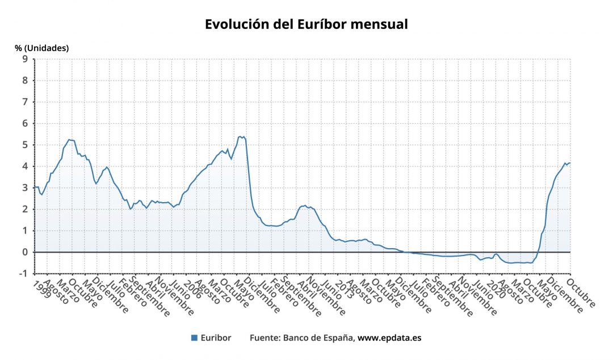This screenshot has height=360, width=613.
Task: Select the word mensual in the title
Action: pos(380,24)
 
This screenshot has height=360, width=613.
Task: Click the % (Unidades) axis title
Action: pos(42,48)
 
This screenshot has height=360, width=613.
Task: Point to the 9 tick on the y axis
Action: pos(26,59)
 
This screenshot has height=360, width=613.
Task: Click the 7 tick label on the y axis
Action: pos(26,102)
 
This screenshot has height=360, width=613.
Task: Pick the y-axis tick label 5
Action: pos(26,145)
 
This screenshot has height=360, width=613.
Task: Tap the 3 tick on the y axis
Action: pos(26,188)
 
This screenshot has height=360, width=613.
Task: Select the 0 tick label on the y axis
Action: pos(26,252)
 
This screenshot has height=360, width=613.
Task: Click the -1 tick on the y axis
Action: pos(24,274)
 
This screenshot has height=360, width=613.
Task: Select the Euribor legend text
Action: pos(216,338)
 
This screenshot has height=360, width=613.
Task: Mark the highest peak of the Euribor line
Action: pos(240,136)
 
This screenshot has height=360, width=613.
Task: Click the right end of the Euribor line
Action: pos(570,163)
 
